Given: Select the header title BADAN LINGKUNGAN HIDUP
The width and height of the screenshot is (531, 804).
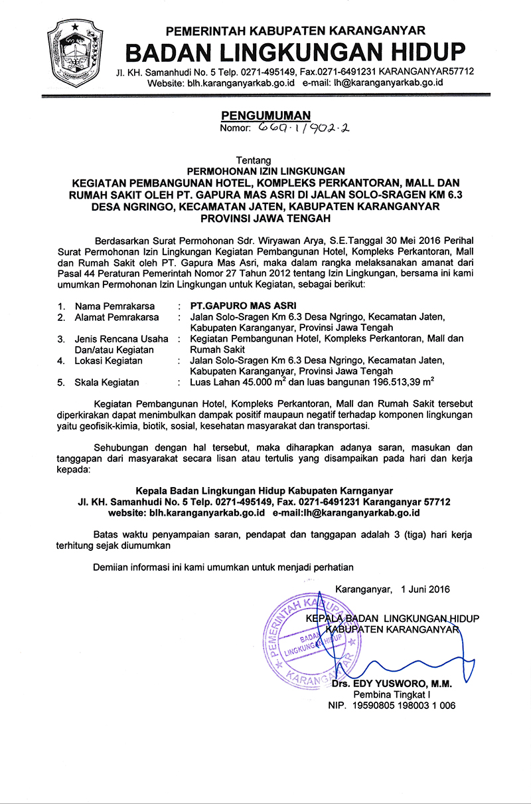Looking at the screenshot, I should tap(295, 51).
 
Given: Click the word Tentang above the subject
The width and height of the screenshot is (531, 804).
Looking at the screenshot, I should tap(254, 160).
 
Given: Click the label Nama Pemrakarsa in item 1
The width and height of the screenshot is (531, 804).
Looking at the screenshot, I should tap(114, 306).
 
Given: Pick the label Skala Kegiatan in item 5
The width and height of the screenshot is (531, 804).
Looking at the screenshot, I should tap(107, 382).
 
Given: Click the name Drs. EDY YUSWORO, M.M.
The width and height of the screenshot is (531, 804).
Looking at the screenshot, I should tap(392, 683).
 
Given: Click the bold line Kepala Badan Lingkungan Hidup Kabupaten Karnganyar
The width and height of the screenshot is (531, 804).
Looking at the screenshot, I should tap(264, 490).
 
